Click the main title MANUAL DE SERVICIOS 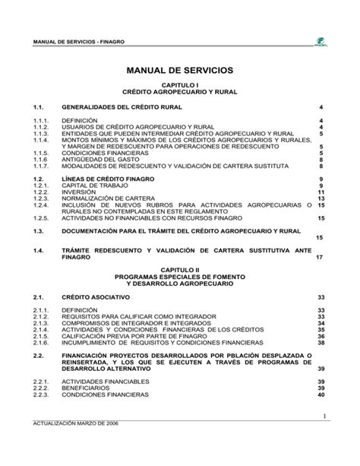[180, 71]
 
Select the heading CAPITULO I [180, 87]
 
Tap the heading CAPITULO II [180, 270]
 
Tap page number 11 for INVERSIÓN [321, 192]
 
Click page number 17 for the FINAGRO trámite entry [320, 257]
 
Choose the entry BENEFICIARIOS [87, 388]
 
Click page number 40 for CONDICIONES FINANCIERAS [321, 395]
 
